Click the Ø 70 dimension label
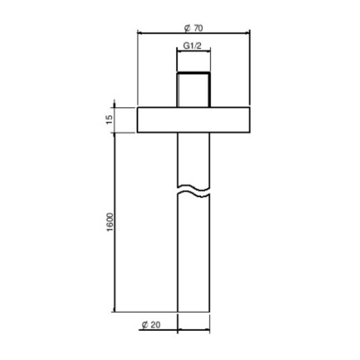193,28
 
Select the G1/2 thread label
192,46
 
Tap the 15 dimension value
109,120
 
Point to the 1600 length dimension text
110,222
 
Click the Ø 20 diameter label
151,324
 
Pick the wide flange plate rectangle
193,120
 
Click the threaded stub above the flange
193,90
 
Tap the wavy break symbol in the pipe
193,191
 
